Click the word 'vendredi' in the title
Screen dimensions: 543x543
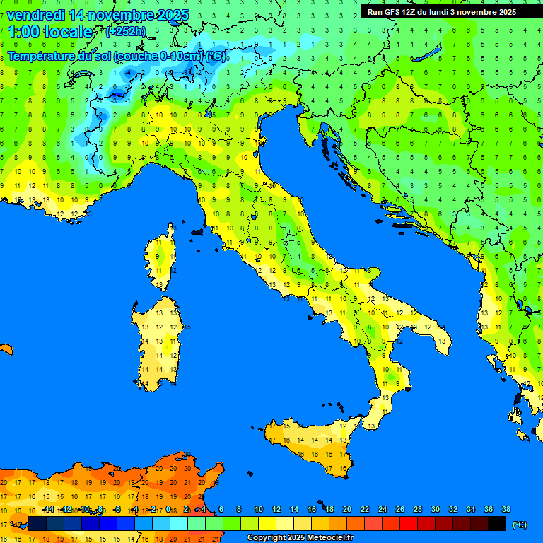click(36, 15)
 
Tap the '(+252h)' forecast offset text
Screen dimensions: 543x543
click(126, 31)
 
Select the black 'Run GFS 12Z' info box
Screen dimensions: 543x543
click(442, 12)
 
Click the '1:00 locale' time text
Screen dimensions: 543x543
click(50, 32)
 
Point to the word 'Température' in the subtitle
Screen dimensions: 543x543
click(42, 56)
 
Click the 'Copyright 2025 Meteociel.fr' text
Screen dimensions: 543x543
click(300, 538)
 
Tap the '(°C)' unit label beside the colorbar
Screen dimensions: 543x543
click(518, 525)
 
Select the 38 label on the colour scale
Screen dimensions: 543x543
click(506, 509)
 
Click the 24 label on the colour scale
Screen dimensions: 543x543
click(383, 509)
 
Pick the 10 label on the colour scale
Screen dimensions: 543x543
click(259, 509)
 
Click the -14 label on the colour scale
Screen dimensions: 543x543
click(48, 509)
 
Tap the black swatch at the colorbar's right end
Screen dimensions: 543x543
click(497, 523)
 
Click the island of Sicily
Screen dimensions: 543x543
click(311, 442)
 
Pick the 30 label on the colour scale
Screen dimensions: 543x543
click(435, 509)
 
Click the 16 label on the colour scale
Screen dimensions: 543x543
click(312, 509)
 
